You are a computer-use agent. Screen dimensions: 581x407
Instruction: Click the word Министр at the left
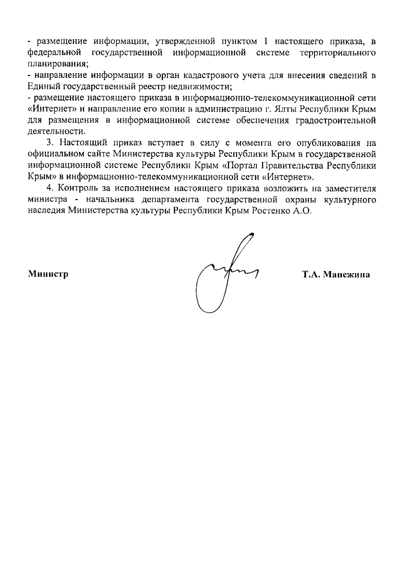point(48,274)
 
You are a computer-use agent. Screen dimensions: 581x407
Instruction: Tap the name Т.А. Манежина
point(336,275)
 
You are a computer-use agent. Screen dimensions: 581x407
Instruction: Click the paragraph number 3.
point(49,143)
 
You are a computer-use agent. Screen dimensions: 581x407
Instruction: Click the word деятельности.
point(56,131)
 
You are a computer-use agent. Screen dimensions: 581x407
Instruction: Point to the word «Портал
point(246,166)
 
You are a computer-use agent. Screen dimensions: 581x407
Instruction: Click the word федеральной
point(55,53)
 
